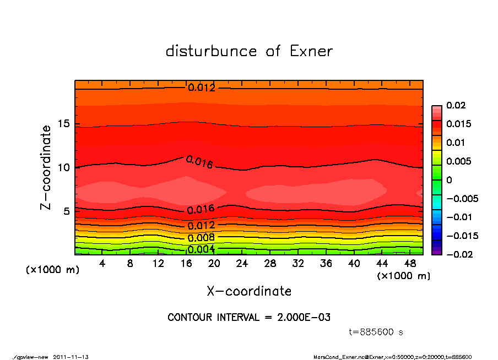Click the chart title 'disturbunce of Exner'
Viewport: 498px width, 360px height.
(x=249, y=51)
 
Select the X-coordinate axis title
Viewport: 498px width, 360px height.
(x=249, y=291)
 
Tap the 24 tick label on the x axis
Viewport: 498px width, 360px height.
(x=242, y=264)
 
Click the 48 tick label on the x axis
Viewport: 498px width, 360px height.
(x=410, y=264)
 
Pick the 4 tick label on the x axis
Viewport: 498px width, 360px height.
(x=102, y=264)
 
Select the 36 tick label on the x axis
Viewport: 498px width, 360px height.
(x=326, y=264)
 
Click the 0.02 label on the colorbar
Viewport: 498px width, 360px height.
(x=456, y=105)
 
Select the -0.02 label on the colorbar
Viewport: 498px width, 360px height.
(x=458, y=254)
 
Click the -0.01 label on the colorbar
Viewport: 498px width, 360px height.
(x=458, y=217)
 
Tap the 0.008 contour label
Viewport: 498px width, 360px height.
(x=201, y=238)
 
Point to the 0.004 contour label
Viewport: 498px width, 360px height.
(x=201, y=249)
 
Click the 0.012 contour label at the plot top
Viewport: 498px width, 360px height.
(x=202, y=88)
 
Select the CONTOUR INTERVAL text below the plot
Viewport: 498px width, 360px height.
(x=249, y=318)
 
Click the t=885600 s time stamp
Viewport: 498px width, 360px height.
(x=376, y=332)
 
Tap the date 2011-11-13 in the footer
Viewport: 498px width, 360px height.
(x=71, y=357)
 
